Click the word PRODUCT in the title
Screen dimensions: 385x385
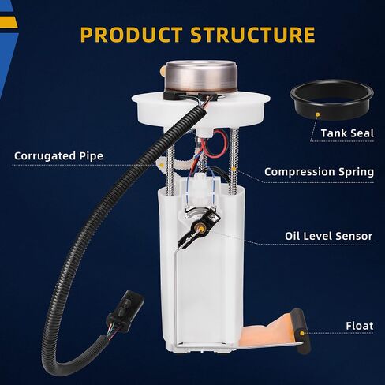point(131,35)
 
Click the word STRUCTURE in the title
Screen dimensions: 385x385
point(252,35)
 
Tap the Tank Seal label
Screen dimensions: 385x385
point(347,133)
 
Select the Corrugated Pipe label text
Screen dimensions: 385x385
point(58,156)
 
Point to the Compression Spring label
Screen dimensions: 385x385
point(319,172)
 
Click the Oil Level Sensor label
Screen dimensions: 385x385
point(329,236)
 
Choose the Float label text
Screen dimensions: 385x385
point(360,326)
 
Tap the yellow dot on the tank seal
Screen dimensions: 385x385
point(318,114)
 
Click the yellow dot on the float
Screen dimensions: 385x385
point(302,333)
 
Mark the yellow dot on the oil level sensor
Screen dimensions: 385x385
point(201,229)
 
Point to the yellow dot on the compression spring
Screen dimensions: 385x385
point(234,169)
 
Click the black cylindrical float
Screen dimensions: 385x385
point(302,331)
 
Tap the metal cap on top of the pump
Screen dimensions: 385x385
point(201,76)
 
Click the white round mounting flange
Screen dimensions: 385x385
point(201,109)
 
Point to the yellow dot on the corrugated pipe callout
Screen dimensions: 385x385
point(162,165)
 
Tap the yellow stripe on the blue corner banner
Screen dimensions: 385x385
point(9,22)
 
